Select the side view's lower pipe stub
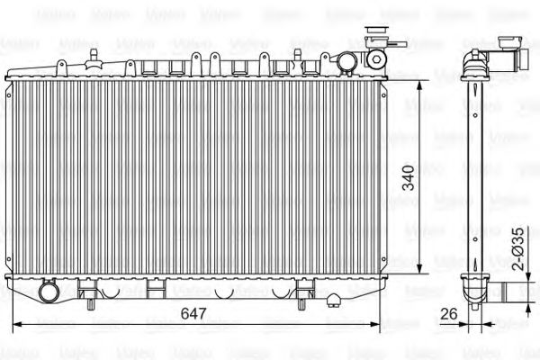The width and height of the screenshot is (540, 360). click(x=515, y=290)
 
